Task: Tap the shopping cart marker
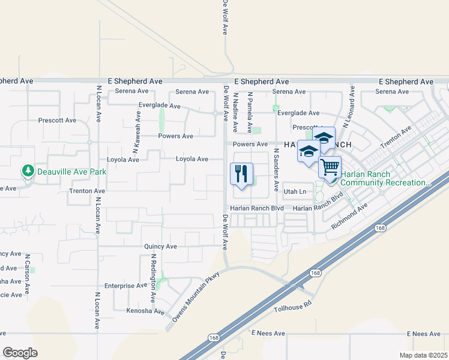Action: (330, 167)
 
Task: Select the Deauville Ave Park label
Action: (71, 172)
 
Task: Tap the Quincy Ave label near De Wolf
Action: (160, 247)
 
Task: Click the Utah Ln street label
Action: (295, 191)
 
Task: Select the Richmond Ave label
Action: (350, 217)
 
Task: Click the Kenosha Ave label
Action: (145, 311)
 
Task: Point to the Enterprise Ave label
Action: (125, 286)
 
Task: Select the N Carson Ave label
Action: (28, 276)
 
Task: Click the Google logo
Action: (20, 353)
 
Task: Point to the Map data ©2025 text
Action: (423, 355)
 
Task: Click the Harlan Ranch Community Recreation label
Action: (385, 178)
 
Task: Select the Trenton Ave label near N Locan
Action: (87, 191)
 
